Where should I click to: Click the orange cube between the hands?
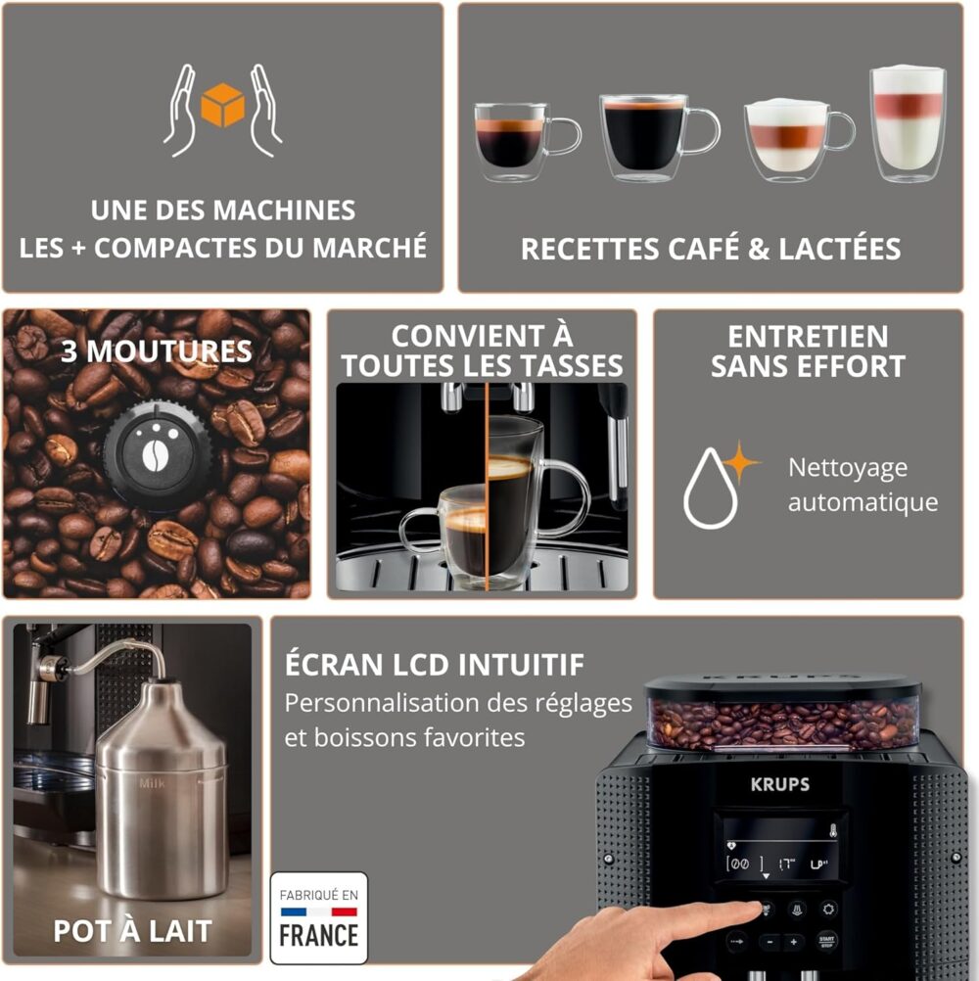[222, 105]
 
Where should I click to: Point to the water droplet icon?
[710, 490]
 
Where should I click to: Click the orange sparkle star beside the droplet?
[740, 462]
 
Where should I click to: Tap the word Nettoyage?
[848, 468]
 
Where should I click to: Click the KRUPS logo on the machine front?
[780, 784]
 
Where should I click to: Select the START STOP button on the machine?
[827, 941]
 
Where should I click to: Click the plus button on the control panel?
[793, 942]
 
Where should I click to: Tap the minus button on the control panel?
[770, 942]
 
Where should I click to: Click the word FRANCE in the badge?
[319, 936]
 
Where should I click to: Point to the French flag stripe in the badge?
[319, 911]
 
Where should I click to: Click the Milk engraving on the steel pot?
[152, 783]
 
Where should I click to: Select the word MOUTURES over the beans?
[169, 351]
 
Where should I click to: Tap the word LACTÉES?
[840, 249]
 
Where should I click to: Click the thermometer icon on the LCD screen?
[833, 831]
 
